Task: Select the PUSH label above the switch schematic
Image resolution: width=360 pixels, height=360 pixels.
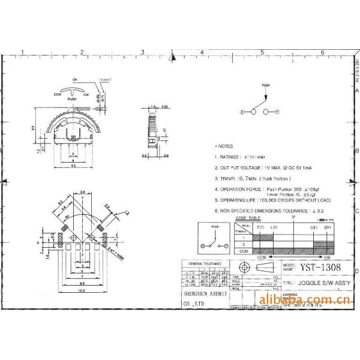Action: click(266, 86)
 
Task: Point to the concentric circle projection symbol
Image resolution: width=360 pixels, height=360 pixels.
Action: click(243, 267)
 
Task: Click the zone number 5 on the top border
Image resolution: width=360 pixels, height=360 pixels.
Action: click(263, 53)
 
